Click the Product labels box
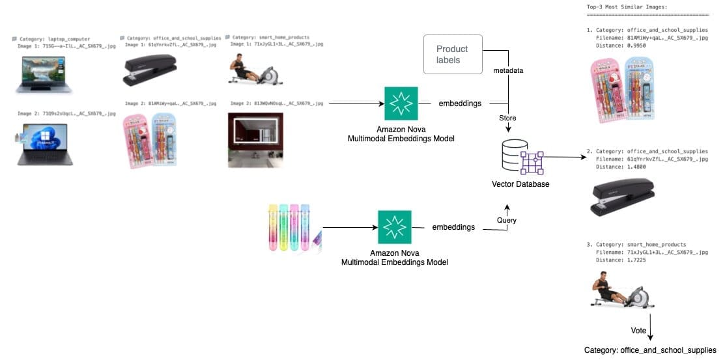(453, 54)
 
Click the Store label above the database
(507, 118)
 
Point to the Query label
(507, 220)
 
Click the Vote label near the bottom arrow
(639, 331)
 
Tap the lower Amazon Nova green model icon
(394, 227)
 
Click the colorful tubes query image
(293, 228)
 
